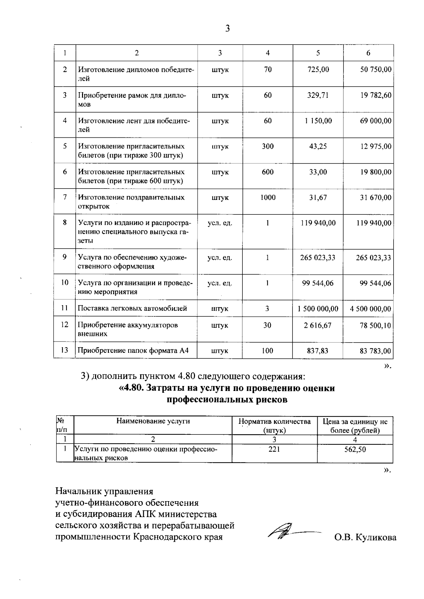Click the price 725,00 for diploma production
click(x=318, y=70)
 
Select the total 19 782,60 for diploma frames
click(x=376, y=95)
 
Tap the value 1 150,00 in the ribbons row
click(x=318, y=121)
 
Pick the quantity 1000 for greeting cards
click(x=268, y=197)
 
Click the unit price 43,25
click(x=318, y=146)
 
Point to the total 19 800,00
click(x=376, y=172)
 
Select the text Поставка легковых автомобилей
click(x=132, y=308)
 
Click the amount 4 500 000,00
click(x=370, y=309)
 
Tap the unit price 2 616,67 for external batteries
click(x=318, y=325)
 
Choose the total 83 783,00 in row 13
click(x=375, y=351)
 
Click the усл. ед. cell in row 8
click(x=220, y=223)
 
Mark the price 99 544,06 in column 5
click(x=318, y=283)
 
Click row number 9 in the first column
click(x=65, y=257)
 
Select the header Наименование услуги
click(x=153, y=421)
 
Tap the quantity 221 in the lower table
click(x=274, y=449)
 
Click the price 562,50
click(x=355, y=449)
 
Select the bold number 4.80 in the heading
click(x=134, y=388)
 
